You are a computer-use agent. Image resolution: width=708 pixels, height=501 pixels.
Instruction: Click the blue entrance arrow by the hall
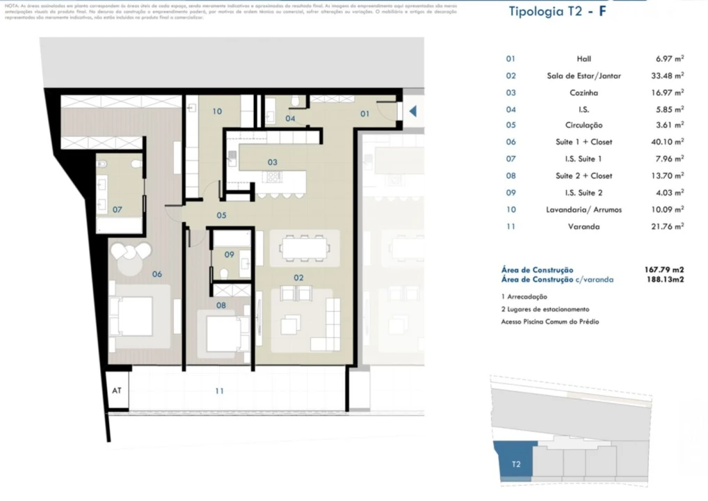tap(412, 111)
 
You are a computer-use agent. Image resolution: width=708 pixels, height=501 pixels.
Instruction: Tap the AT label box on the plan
tap(117, 390)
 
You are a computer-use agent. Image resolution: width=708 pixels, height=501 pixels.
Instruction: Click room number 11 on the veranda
tap(219, 391)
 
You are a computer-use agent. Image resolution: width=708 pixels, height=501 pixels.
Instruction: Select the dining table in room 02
tap(304, 248)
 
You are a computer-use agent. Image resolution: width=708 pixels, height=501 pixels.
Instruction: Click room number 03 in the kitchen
tap(273, 162)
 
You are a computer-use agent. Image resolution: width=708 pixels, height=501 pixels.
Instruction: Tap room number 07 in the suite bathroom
tap(118, 209)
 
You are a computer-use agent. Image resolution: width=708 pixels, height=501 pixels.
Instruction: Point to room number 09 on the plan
tap(229, 255)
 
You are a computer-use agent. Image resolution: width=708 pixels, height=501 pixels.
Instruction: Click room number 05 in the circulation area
tap(220, 215)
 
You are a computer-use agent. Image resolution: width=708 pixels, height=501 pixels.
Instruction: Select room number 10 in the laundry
tap(217, 111)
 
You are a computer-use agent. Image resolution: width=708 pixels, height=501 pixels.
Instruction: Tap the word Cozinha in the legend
tap(584, 93)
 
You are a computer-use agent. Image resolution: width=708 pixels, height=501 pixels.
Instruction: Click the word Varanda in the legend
tap(584, 226)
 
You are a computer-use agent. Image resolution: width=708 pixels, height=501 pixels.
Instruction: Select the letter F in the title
tap(604, 12)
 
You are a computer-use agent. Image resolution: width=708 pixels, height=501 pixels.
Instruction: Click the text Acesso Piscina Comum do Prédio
tap(549, 321)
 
